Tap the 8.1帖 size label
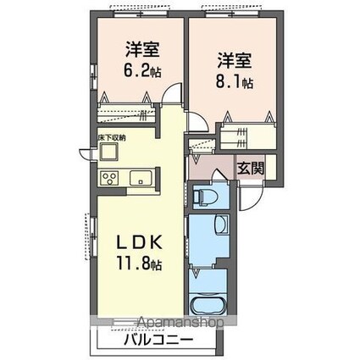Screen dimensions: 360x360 [235, 83]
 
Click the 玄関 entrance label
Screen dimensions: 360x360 [250, 168]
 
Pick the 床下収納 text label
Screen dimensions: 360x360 [111, 137]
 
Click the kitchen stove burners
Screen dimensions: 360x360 [108, 179]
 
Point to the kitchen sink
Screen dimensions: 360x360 [139, 178]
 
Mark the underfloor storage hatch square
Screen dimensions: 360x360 [109, 152]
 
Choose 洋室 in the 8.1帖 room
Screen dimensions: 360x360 [234, 61]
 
